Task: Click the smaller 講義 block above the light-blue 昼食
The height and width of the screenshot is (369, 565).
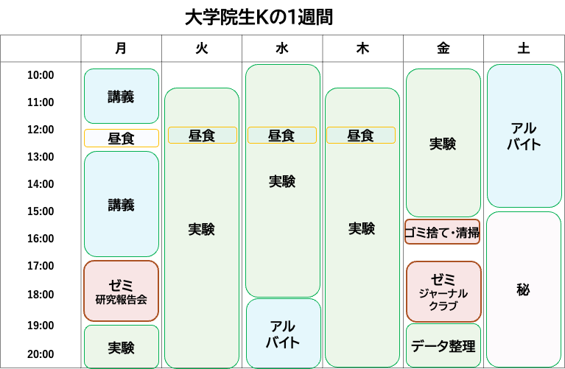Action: tap(121, 96)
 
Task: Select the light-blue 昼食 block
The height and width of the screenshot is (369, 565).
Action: tap(121, 138)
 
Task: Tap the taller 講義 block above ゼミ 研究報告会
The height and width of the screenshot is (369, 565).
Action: tap(121, 204)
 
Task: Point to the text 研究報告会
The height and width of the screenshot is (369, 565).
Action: tap(121, 300)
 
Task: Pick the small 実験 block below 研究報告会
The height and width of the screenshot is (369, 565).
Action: tap(121, 347)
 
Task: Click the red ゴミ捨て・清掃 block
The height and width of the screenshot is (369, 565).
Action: tap(442, 232)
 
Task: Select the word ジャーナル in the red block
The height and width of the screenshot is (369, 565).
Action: tap(443, 293)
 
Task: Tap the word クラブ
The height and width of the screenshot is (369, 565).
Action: tap(443, 306)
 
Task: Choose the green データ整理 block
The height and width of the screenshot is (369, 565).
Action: tap(443, 345)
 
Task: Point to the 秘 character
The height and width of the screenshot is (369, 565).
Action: tap(523, 290)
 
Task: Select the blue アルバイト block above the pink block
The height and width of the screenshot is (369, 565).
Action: tap(523, 136)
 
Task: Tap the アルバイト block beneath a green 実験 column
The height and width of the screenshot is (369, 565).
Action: tap(283, 334)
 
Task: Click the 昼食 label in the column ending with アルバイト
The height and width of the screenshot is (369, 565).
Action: tap(281, 136)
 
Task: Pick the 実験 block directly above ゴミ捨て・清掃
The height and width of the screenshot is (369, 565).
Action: tap(443, 144)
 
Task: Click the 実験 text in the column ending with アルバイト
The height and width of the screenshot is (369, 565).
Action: tap(282, 181)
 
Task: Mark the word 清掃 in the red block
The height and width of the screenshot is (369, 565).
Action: tap(467, 233)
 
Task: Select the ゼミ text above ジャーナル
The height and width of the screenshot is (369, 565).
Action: tap(443, 280)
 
